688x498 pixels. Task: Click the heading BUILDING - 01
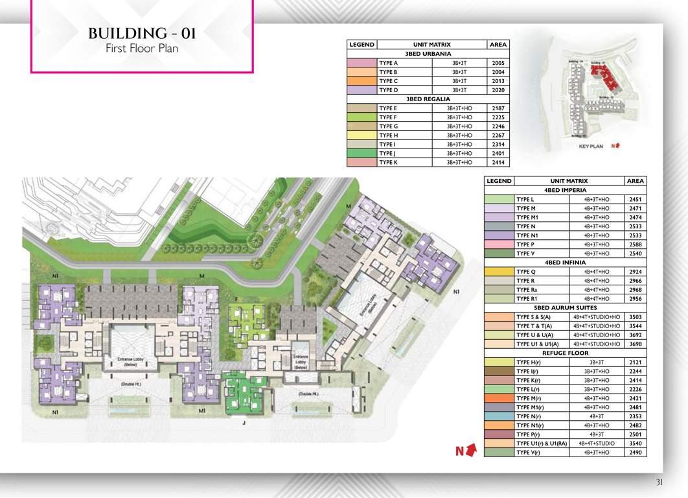pyautogui.click(x=142, y=34)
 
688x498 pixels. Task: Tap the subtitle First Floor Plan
pyautogui.click(x=142, y=49)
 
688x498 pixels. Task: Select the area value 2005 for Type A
pyautogui.click(x=498, y=63)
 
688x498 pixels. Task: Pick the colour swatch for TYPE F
pyautogui.click(x=362, y=117)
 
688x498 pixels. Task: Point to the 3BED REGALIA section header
pyautogui.click(x=428, y=99)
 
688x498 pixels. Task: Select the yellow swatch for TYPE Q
pyautogui.click(x=498, y=272)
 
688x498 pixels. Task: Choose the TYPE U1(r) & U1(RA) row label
pyautogui.click(x=541, y=443)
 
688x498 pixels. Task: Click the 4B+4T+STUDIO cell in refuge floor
pyautogui.click(x=597, y=443)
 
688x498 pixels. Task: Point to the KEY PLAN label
pyautogui.click(x=590, y=147)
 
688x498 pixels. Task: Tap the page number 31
pyautogui.click(x=659, y=482)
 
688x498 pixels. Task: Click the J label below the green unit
pyautogui.click(x=244, y=423)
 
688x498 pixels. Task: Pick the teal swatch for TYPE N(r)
pyautogui.click(x=498, y=416)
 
